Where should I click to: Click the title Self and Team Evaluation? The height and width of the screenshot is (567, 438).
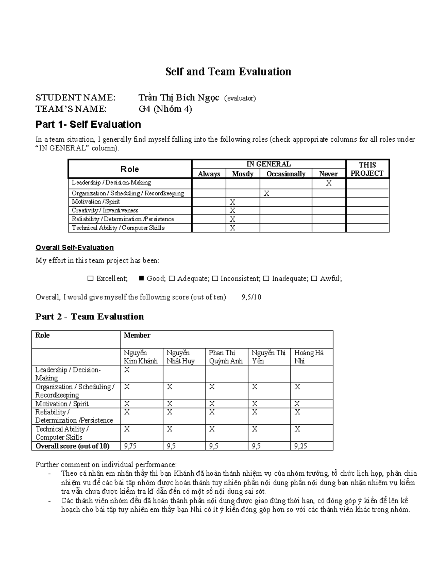pos(228,72)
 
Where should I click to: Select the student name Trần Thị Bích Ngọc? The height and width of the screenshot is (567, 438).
pos(178,98)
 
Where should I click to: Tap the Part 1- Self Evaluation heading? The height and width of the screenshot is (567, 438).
pos(88,124)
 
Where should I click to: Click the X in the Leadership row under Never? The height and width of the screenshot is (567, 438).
pos(328,183)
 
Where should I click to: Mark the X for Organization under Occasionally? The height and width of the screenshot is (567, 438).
pos(266,194)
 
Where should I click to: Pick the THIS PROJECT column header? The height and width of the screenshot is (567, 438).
pos(367,169)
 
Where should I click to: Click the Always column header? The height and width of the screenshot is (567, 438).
pos(209,174)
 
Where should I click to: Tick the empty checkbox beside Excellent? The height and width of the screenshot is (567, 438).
pos(91,279)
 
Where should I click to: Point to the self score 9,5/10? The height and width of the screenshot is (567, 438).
pos(251,297)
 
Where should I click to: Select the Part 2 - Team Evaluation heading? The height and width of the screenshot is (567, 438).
pos(89,317)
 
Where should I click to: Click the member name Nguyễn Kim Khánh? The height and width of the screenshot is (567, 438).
pos(141,357)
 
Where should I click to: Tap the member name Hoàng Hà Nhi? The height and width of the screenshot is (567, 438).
pos(309,357)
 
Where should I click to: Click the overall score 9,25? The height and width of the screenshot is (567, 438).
pos(301,446)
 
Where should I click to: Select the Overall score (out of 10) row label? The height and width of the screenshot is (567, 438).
pos(72,446)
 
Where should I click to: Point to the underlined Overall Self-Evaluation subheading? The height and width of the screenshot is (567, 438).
pos(74,248)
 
